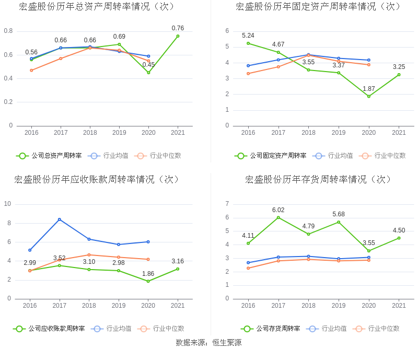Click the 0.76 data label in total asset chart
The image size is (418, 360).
click(x=178, y=28)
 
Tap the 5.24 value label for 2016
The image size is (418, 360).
click(x=248, y=36)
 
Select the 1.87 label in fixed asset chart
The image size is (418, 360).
click(x=369, y=89)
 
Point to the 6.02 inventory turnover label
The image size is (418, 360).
click(x=278, y=210)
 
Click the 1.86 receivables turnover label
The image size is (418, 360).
click(x=148, y=273)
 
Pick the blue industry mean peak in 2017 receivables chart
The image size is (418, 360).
click(x=60, y=219)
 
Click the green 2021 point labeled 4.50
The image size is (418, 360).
click(x=399, y=238)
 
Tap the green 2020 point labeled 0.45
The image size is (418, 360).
click(x=148, y=73)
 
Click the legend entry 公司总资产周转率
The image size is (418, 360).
click(x=49, y=156)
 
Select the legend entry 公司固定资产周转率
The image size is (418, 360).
click(x=271, y=156)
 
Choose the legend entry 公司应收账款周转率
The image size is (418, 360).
click(x=49, y=329)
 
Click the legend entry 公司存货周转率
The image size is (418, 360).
click(x=271, y=329)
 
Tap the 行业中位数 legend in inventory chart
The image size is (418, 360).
click(x=377, y=329)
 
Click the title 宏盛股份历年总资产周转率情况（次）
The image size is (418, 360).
click(x=97, y=7)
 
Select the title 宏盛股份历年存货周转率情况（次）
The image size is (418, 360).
click(x=319, y=180)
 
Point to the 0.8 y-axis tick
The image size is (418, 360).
click(x=8, y=31)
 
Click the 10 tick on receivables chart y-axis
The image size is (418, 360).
click(x=8, y=204)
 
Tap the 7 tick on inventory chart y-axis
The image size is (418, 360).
click(x=227, y=204)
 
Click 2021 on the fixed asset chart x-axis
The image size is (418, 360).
click(x=399, y=133)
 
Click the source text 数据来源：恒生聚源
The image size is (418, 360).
click(x=208, y=343)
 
